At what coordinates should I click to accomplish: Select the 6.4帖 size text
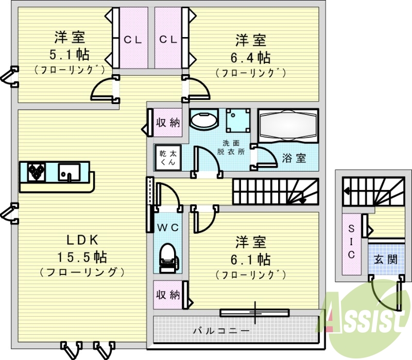[251, 56]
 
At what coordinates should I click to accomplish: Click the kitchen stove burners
[36, 172]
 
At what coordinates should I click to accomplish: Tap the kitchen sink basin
[68, 172]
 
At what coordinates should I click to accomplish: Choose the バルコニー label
[221, 330]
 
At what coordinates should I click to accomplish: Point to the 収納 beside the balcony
[168, 295]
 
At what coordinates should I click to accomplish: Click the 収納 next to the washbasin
[168, 123]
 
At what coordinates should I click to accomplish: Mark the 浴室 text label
[294, 158]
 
